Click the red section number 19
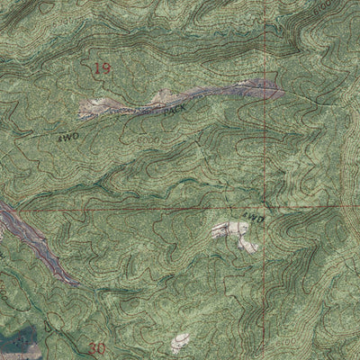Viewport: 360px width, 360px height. tap(103, 67)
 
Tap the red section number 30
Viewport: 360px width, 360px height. tap(100, 347)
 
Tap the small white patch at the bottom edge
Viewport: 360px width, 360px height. tap(180, 343)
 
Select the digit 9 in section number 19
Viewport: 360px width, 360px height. tap(108, 67)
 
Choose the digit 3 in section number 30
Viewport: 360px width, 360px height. tap(95, 347)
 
